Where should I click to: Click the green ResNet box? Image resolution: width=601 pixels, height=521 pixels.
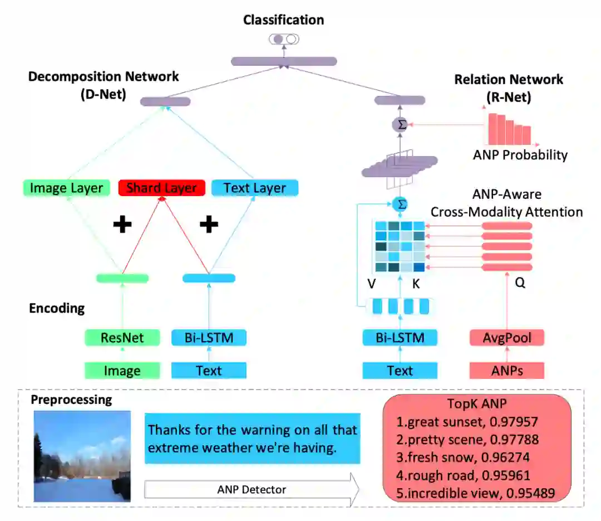[x=122, y=338]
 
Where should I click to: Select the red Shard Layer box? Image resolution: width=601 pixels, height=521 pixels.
[x=162, y=188]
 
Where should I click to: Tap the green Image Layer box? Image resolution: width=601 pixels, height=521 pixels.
[x=66, y=188]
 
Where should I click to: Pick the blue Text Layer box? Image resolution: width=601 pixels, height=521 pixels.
[x=255, y=188]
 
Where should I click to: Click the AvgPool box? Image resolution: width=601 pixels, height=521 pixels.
[x=506, y=338]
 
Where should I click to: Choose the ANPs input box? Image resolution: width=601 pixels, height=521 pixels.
[x=506, y=371]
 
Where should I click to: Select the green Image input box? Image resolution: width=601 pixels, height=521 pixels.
[x=122, y=371]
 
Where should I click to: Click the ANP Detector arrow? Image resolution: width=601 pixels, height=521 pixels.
[x=252, y=490]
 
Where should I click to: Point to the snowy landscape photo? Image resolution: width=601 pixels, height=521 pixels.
[x=82, y=456]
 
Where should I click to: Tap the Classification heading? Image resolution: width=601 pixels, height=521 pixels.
[x=283, y=20]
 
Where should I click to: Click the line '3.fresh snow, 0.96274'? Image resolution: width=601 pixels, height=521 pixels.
[x=467, y=457]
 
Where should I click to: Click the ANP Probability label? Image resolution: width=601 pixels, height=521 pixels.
[x=520, y=155]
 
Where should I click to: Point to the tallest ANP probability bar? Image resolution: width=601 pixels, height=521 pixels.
[x=492, y=129]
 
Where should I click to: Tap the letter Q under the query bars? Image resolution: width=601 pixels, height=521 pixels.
[x=520, y=283]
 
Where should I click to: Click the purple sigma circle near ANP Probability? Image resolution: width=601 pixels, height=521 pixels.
[x=400, y=125]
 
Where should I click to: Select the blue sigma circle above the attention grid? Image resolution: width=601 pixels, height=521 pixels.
[x=400, y=204]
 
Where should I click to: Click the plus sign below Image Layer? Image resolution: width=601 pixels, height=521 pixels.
[x=122, y=225]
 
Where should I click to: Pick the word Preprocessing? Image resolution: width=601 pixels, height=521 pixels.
[x=71, y=400]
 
